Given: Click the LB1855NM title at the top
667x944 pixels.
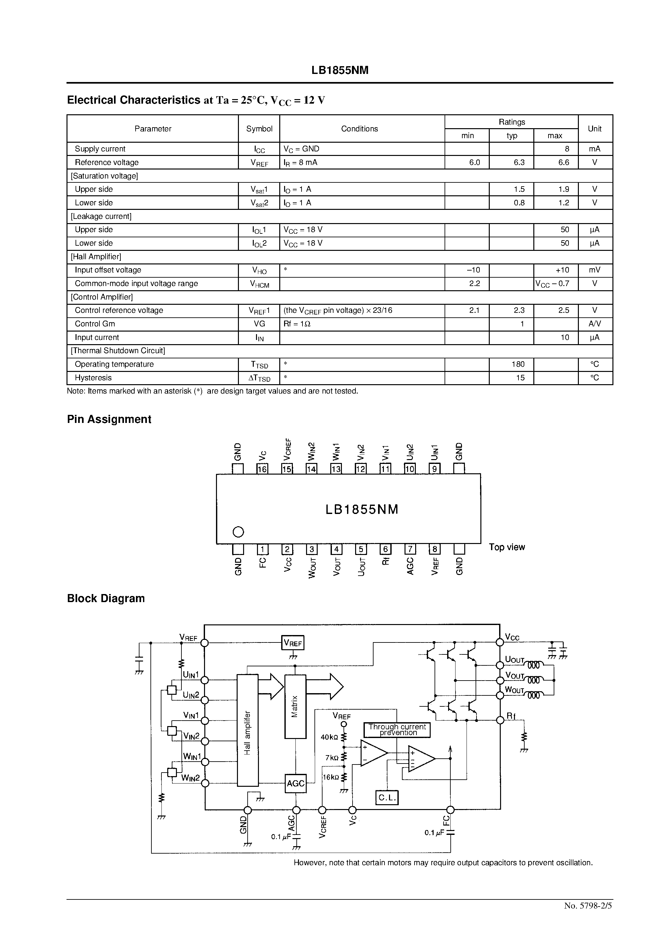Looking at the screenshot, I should click(340, 70).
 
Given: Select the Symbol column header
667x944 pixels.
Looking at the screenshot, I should click(259, 129).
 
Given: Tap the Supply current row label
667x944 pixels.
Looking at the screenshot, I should click(100, 149).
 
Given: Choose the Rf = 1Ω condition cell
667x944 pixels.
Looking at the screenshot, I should click(297, 324).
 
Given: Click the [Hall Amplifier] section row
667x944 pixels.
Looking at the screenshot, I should click(96, 257).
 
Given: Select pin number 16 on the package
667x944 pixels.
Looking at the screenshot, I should click(262, 469).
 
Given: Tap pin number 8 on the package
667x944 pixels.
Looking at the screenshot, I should click(434, 549).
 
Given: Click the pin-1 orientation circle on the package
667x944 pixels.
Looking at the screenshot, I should click(239, 532).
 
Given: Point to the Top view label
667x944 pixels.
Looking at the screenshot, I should click(507, 547).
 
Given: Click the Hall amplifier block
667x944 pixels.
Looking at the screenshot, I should click(248, 730).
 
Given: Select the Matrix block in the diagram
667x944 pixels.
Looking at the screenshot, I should click(295, 706).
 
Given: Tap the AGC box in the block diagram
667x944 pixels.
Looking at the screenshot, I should click(295, 783).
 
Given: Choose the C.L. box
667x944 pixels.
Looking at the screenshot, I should click(387, 798).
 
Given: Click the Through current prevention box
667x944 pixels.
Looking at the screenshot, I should click(397, 730).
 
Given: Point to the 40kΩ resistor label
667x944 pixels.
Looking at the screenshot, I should click(329, 737).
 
